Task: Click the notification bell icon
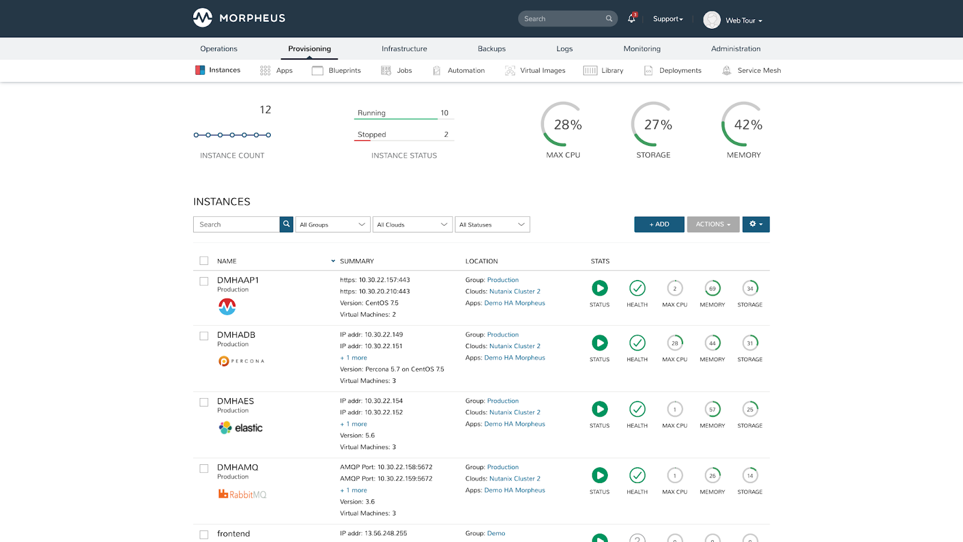point(631,19)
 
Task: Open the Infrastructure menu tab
point(404,49)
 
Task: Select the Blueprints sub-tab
point(336,70)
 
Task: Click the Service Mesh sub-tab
point(752,70)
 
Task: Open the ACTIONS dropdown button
point(713,224)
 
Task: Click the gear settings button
point(755,224)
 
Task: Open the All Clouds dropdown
point(412,225)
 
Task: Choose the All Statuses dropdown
point(492,225)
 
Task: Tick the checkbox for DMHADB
point(204,336)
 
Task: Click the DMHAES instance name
point(235,401)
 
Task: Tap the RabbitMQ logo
point(242,494)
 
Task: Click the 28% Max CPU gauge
point(564,125)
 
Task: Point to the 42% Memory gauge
point(745,125)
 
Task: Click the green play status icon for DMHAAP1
point(599,288)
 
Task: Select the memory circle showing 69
point(712,288)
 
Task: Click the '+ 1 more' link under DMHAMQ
point(354,490)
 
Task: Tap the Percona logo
point(241,361)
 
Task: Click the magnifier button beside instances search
point(286,224)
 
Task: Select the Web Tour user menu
point(733,20)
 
